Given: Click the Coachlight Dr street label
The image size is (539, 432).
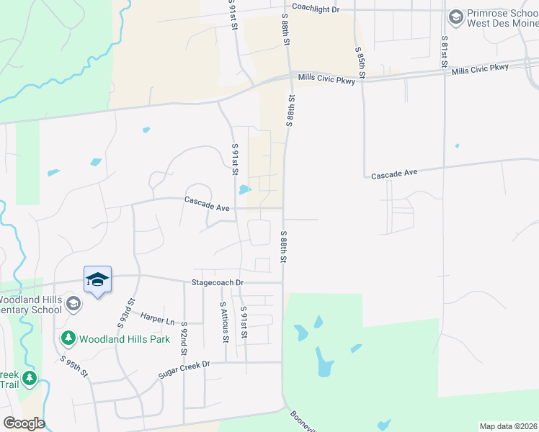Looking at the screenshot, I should coord(315,9).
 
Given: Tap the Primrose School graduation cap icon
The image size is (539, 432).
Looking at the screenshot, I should coord(455,16).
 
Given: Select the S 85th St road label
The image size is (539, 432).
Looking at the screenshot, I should coord(360,63).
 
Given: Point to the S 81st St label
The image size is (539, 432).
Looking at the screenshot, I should coord(445,52).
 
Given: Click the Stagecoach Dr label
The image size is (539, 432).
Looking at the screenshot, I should coord(218,283).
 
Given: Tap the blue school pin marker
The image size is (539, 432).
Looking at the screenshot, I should coord(97,280).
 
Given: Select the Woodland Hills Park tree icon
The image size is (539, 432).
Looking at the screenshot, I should coord(68,337).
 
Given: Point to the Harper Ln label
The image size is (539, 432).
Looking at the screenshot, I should coord(158,319).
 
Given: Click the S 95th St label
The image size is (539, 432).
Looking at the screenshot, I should coord(74,366).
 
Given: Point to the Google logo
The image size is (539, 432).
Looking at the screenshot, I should coord(24,423).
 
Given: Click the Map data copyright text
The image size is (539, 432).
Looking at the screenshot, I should coord(509,426).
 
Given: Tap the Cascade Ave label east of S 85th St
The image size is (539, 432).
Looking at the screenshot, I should coord(395,174).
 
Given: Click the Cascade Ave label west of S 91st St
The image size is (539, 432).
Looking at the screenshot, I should coord(207,204).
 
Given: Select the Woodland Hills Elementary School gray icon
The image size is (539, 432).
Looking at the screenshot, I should coord(73,304).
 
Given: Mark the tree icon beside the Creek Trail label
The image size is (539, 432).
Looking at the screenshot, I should coord(29,377).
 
